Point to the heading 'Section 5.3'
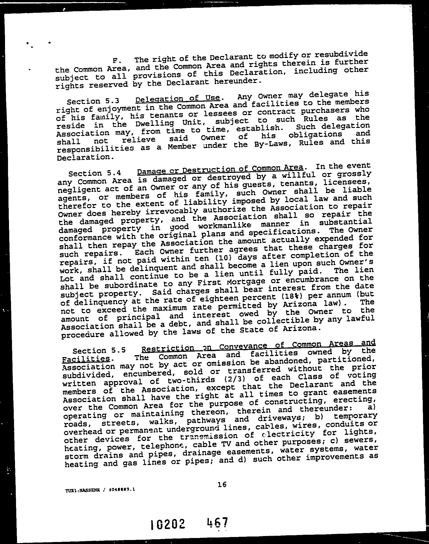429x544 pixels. pyautogui.click(x=93, y=101)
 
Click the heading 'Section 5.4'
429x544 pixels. pyautogui.click(x=95, y=173)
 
